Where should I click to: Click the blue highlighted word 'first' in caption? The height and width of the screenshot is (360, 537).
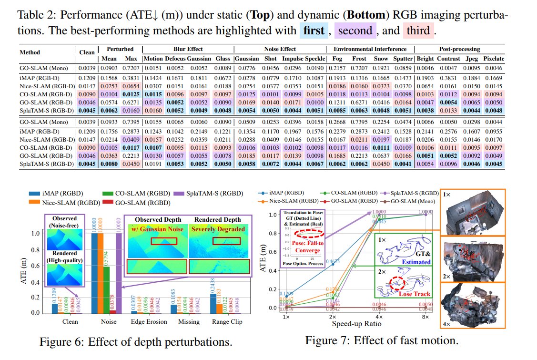pos(314,31)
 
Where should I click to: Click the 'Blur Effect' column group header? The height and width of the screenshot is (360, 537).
pos(187,49)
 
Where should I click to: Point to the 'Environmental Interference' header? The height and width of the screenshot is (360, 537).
pos(370,49)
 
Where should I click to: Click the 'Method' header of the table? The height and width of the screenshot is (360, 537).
pos(30,52)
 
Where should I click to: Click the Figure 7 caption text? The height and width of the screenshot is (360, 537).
pos(382,340)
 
